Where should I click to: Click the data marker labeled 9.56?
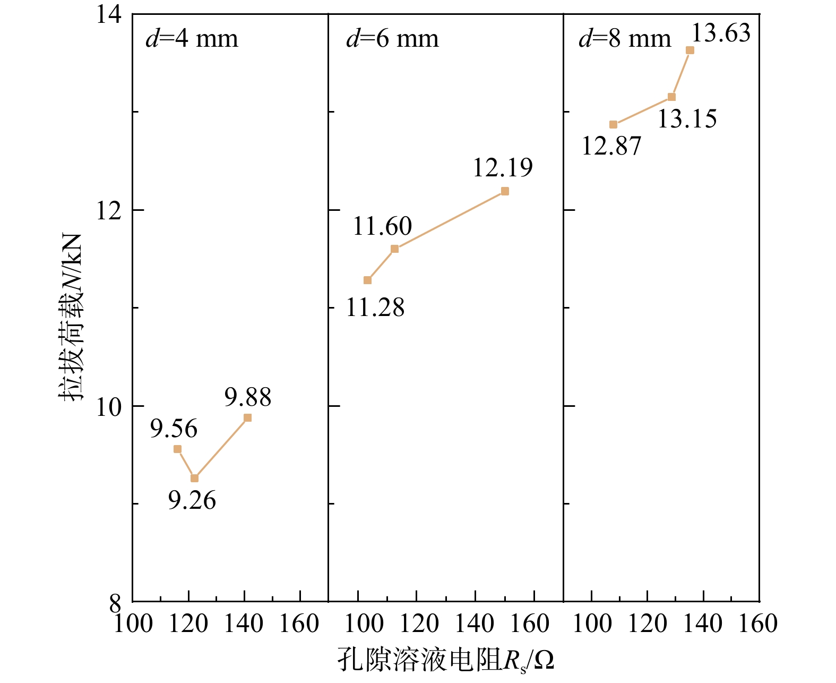click(177, 449)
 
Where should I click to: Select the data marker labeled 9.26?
click(194, 478)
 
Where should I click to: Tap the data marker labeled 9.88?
click(247, 418)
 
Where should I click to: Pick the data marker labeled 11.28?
click(367, 280)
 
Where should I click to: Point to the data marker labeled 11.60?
click(394, 249)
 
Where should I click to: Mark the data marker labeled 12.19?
click(505, 191)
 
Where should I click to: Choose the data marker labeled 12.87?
click(613, 125)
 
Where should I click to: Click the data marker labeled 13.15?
click(671, 97)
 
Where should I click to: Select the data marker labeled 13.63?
click(690, 50)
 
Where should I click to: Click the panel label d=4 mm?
click(192, 39)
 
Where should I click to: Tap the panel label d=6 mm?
click(392, 39)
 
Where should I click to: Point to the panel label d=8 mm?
click(625, 39)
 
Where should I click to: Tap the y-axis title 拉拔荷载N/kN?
click(71, 317)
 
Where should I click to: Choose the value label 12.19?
click(503, 168)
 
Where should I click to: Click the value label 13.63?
click(721, 33)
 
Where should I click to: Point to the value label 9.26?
click(192, 500)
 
